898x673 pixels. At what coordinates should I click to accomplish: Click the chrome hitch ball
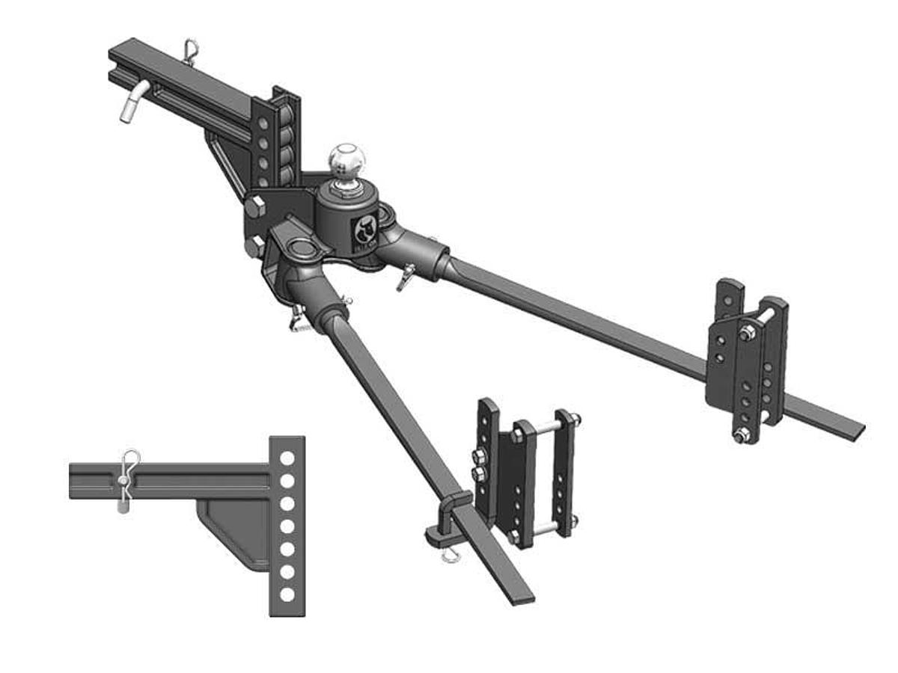pos(347,158)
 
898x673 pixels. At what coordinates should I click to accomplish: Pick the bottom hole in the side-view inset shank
pos(286,595)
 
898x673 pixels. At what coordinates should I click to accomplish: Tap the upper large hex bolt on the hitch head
pos(254,209)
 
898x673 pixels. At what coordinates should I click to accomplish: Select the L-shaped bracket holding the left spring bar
pos(446,517)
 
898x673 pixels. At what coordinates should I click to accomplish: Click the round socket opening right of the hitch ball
pos(388,215)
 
